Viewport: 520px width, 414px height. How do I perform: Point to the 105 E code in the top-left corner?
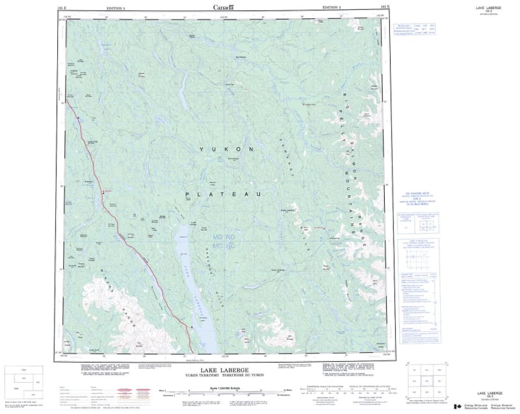point(59,8)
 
